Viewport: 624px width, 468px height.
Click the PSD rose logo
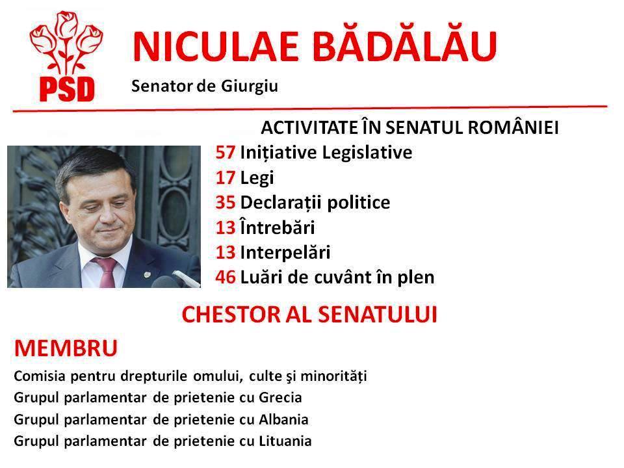62,58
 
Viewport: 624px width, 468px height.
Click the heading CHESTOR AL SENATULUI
309,315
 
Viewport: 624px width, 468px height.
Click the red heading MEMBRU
65,348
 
